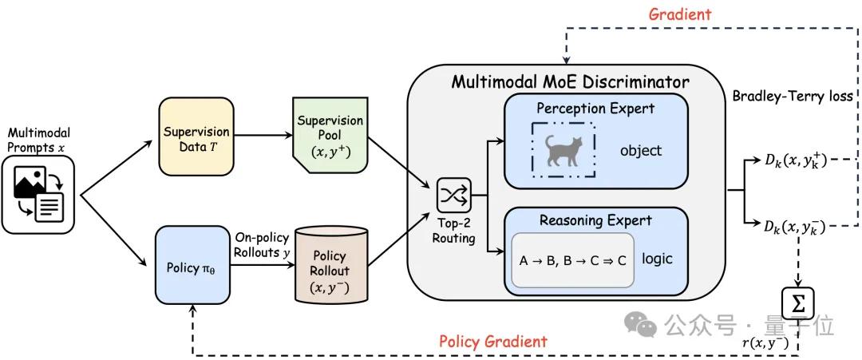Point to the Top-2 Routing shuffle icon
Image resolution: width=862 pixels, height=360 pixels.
453,195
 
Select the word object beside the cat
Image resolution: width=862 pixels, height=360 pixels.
641,150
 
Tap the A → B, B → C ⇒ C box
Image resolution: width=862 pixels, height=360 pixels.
573,260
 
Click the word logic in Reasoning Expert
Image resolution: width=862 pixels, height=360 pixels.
657,259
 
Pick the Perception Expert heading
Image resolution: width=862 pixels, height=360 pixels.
596,108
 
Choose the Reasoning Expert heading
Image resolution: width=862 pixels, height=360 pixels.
595,220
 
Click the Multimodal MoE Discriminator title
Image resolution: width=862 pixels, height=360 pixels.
570,82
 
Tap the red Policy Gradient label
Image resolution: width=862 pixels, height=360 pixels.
493,342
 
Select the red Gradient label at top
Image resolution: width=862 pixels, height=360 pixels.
679,14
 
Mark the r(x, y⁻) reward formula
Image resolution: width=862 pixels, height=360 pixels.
765,344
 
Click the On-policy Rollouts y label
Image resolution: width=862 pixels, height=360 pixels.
262,244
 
